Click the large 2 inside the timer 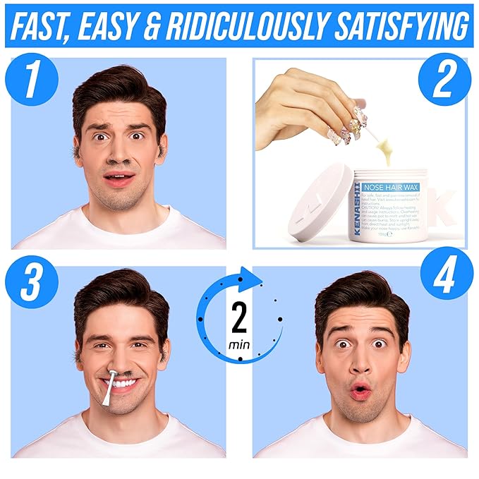[239, 319]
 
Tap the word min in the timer [238, 345]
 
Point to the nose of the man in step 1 [119, 156]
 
